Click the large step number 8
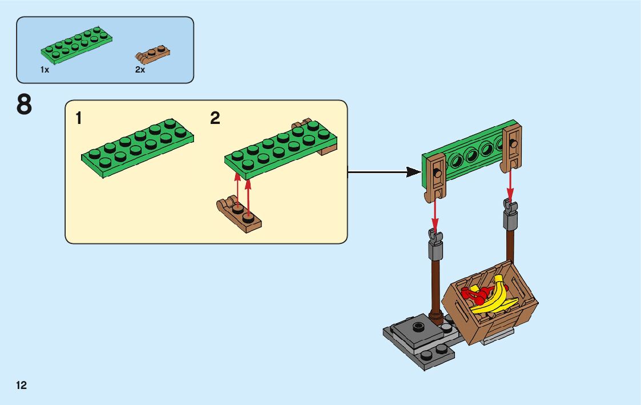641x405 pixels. click(x=24, y=106)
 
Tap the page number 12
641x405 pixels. click(x=22, y=385)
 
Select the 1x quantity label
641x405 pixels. click(x=45, y=70)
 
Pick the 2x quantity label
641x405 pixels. click(x=140, y=70)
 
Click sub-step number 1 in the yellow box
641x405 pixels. click(x=79, y=119)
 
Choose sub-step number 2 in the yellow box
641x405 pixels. click(x=215, y=119)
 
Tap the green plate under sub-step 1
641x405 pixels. click(x=138, y=147)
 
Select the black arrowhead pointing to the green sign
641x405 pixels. click(x=413, y=171)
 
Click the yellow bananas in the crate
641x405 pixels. click(x=496, y=296)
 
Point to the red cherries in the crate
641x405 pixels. click(x=474, y=295)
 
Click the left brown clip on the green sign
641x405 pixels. click(x=436, y=177)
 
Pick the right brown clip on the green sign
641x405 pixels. click(x=512, y=147)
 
